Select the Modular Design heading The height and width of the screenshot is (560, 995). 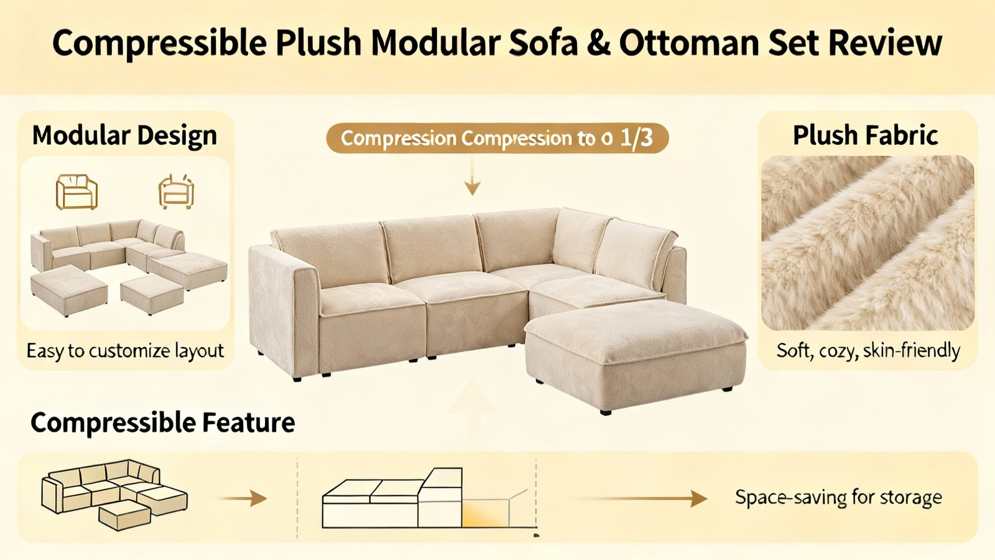click(125, 136)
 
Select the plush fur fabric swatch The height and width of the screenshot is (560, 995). click(868, 243)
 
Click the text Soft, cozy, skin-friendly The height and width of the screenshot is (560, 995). click(868, 351)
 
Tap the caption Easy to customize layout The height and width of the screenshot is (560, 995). click(125, 351)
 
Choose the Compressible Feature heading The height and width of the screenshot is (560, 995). click(162, 422)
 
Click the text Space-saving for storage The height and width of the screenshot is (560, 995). click(838, 497)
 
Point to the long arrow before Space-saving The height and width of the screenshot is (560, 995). click(640, 498)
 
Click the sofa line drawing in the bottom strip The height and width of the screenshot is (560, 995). click(114, 495)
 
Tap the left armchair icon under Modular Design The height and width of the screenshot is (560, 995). click(76, 192)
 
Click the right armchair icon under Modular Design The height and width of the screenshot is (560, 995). click(177, 192)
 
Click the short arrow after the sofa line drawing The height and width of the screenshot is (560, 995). click(243, 498)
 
